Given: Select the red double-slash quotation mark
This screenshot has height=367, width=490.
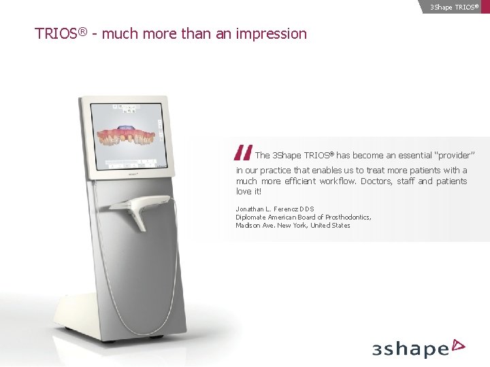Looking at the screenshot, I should coord(242,154).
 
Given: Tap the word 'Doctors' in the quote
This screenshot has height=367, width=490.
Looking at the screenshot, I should coord(376,181).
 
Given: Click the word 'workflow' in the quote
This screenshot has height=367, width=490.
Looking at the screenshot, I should coord(338,181).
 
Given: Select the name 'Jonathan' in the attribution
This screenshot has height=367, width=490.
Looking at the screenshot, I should coord(250,209).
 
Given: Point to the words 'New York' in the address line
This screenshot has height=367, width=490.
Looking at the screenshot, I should coord(292,225).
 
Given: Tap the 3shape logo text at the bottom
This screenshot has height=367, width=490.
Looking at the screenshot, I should coord(410,349).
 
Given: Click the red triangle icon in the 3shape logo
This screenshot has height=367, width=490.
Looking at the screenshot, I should coord(459,345).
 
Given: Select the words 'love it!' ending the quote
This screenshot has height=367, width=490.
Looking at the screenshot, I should coord(248,192).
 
